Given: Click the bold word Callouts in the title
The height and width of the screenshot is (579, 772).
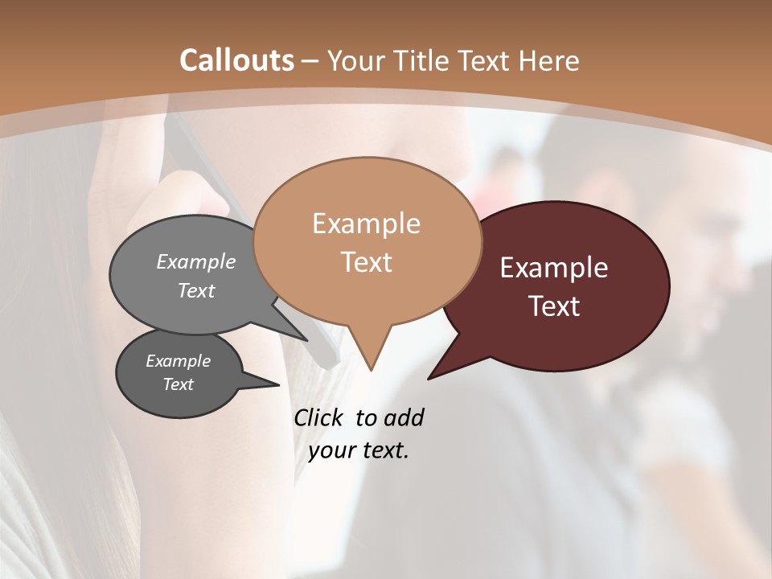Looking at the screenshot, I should coord(236,60).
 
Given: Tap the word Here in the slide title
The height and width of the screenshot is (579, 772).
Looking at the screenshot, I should coord(551,60).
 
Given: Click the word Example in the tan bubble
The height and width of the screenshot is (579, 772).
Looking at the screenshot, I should coord(366,224).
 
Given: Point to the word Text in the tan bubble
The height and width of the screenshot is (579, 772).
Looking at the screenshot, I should coord(366,262).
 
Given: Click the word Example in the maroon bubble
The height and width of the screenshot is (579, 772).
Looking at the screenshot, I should coord(553,268).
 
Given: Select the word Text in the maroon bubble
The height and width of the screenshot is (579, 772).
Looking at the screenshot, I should coord(554,306).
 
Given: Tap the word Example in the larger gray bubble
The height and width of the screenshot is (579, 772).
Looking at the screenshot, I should coord(196,262).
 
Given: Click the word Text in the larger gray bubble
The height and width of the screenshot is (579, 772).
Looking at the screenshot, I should coord(196,291).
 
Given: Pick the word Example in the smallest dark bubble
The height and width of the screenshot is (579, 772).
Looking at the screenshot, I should coord(178,362).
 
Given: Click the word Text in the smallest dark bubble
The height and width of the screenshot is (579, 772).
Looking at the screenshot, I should coord(178,384).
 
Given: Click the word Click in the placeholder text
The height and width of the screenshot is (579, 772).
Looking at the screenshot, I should coord(320,417).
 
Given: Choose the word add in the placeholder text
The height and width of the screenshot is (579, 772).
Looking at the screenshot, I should coord(404,417).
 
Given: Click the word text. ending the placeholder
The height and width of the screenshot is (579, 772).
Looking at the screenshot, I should coord(384,450).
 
